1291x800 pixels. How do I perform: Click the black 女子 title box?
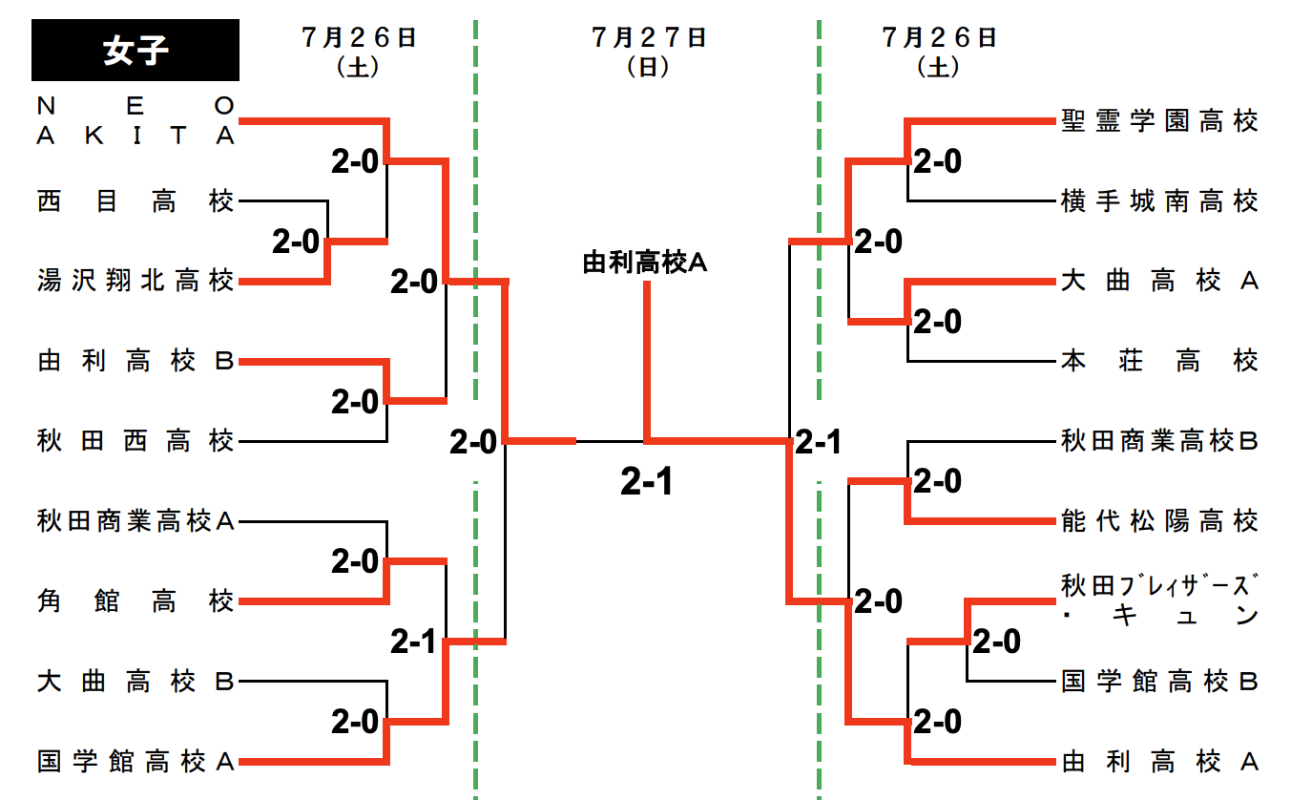click(135, 51)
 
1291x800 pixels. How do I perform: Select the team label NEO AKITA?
click(135, 121)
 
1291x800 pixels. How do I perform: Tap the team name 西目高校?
click(135, 201)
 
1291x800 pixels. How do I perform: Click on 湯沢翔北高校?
click(135, 282)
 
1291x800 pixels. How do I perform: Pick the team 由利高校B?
click(135, 362)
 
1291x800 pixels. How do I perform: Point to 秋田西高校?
click(135, 441)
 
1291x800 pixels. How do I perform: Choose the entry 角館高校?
click(135, 601)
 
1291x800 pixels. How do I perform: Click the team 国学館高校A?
click(135, 762)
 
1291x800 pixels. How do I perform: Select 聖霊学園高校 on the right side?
click(1159, 121)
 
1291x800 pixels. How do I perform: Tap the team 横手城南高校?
click(1159, 201)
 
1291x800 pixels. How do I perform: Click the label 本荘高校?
click(1159, 362)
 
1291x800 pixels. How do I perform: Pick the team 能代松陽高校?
click(1159, 521)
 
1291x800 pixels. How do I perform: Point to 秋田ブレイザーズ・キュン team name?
click(1159, 600)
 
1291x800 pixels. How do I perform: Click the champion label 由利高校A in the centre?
click(645, 263)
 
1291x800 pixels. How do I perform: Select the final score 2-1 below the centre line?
click(646, 483)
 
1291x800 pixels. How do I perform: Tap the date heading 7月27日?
click(649, 38)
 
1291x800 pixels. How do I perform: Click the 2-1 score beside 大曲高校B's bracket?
click(412, 642)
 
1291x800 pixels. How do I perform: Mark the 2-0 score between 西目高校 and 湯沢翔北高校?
click(295, 242)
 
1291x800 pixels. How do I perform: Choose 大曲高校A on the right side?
click(1159, 282)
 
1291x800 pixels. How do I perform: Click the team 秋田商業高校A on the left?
click(135, 521)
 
